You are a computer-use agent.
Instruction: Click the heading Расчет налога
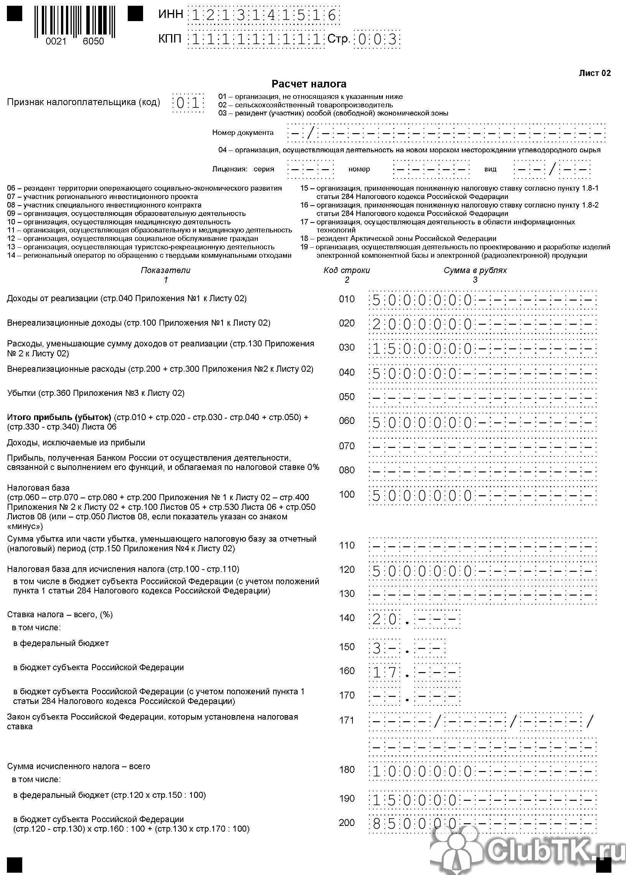pos(309,84)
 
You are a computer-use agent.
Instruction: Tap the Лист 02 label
pos(595,73)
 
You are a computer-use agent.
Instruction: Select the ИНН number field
pos(264,16)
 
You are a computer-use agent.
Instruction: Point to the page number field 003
pos(377,39)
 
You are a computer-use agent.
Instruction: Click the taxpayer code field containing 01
pos(188,103)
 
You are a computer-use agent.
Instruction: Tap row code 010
pos(346,299)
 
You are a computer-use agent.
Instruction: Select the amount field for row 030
pos(482,349)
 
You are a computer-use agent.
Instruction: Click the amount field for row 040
pos(482,373)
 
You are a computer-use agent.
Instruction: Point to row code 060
pos(346,420)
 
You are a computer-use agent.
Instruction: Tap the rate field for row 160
pos(414,672)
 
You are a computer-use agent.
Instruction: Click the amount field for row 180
pos(482,771)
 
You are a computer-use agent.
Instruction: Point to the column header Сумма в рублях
pos(475,270)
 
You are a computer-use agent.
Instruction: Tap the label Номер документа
pos(243,133)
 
